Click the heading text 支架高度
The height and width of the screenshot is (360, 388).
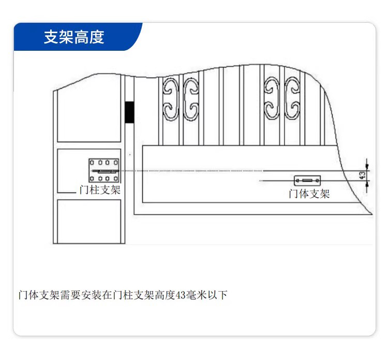click(74, 37)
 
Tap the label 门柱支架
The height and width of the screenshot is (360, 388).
click(100, 190)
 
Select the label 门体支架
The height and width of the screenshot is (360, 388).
click(309, 194)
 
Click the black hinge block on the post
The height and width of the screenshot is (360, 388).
click(129, 112)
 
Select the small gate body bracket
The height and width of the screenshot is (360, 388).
click(307, 181)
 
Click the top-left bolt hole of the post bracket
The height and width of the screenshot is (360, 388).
click(93, 163)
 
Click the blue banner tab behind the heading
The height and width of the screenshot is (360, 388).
click(78, 37)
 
